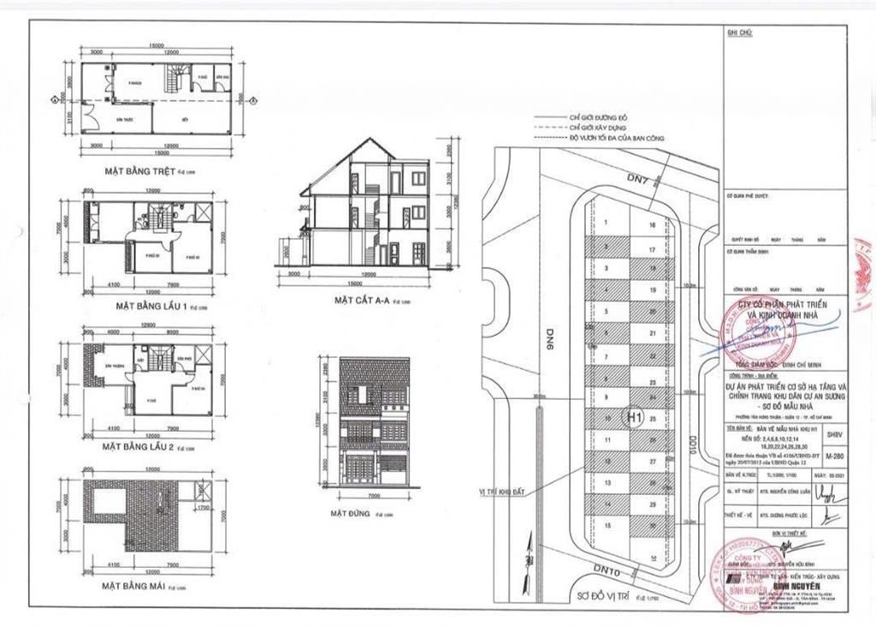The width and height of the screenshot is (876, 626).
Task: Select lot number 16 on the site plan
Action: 652,225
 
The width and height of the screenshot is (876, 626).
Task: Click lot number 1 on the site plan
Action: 606,223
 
